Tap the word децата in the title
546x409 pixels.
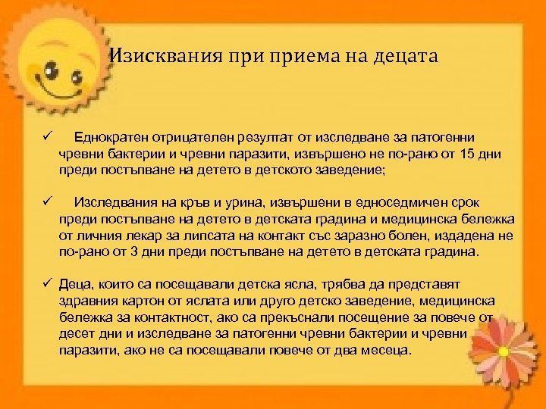(406, 56)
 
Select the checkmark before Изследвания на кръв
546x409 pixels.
(45, 202)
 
